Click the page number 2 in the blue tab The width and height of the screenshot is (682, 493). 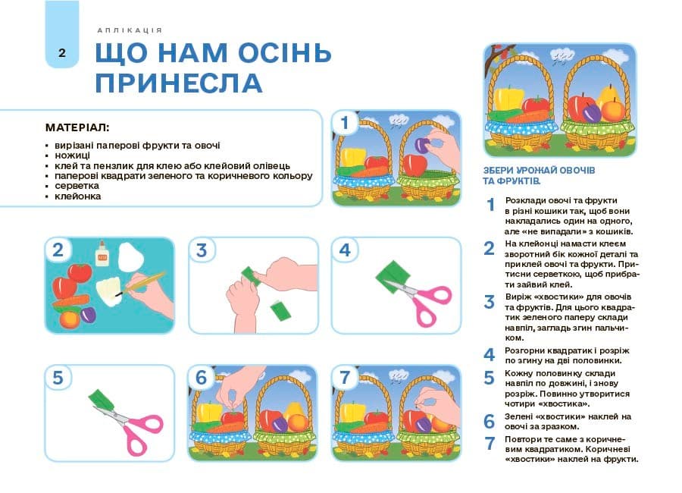click(x=61, y=52)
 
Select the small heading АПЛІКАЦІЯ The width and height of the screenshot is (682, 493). click(x=130, y=30)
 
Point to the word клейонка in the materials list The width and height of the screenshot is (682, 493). click(x=78, y=196)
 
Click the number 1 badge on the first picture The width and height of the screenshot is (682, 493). click(x=345, y=123)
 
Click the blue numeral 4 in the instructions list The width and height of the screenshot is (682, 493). click(x=490, y=354)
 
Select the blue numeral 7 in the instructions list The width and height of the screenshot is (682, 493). click(x=490, y=444)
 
